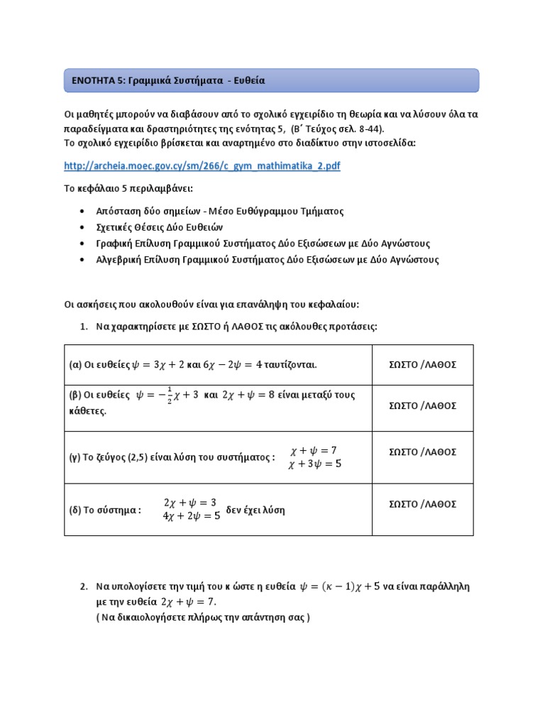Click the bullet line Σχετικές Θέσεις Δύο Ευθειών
(162, 227)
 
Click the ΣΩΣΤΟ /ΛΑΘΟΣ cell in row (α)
(423, 365)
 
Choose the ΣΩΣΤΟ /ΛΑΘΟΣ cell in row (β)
(423, 405)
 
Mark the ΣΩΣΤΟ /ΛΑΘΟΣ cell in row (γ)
(423, 452)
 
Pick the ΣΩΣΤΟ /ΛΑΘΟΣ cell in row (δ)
(423, 504)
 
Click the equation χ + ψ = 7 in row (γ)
(314, 451)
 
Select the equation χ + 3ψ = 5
(314, 464)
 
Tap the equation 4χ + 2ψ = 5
(192, 516)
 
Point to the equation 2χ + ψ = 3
(189, 503)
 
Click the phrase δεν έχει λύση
(255, 510)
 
